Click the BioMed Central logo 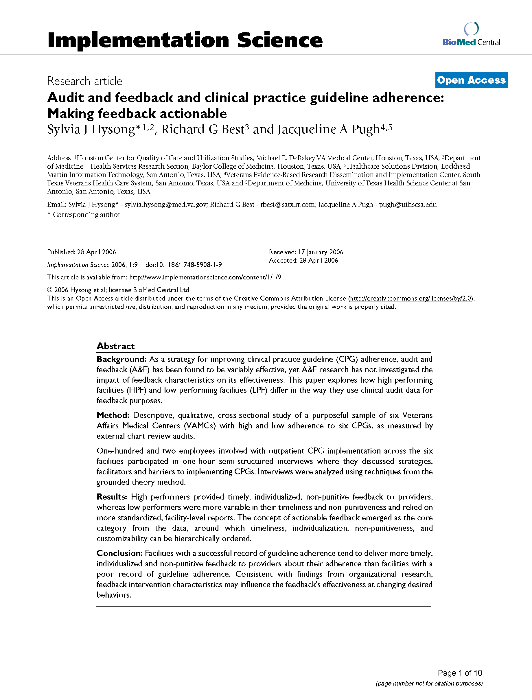point(471,35)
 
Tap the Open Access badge point(471,80)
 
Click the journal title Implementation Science point(185,40)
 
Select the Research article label point(84,81)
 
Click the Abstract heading point(116,346)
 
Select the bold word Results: point(112,496)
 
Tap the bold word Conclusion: point(120,553)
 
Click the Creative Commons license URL point(411,298)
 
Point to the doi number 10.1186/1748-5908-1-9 point(184,265)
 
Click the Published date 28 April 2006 point(96,252)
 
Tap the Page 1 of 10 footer point(460,673)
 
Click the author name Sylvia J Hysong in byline point(91,129)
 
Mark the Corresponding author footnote point(84,215)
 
